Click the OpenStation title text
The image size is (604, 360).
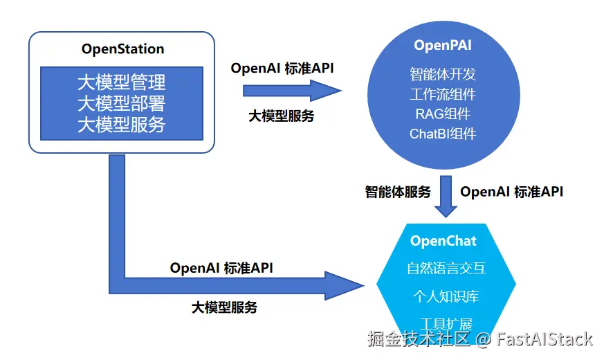pos(122,49)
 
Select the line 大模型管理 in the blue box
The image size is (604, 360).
pos(121,83)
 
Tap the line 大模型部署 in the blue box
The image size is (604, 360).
pos(121,104)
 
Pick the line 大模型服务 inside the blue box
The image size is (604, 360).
pos(121,125)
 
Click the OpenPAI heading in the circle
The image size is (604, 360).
pos(443,46)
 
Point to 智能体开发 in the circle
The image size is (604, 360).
pos(443,73)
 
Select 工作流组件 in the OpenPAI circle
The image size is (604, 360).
pos(443,93)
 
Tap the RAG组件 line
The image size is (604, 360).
pos(443,114)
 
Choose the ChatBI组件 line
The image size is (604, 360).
pos(443,134)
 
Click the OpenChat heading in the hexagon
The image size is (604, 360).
pos(443,241)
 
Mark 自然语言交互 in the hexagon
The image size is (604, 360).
pos(446,269)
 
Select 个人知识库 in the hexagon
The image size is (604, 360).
pos(446,296)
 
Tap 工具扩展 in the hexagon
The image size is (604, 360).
pos(446,323)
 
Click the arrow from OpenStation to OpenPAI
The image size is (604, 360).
pos(291,90)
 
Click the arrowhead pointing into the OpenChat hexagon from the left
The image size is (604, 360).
pos(346,284)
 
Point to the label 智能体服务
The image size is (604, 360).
pos(398,192)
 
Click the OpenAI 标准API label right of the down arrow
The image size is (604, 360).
pos(511,192)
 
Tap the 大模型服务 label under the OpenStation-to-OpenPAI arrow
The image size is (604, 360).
pos(281,116)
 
